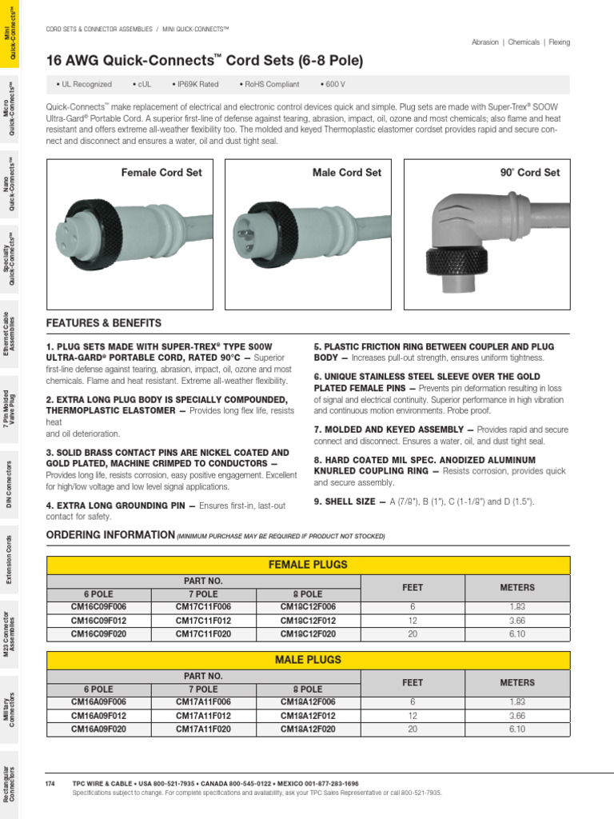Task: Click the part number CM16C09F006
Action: click(x=98, y=607)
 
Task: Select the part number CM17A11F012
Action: click(x=203, y=716)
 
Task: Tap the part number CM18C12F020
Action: click(x=308, y=633)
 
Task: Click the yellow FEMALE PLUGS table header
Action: click(x=308, y=565)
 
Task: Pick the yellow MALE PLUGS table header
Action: click(x=308, y=660)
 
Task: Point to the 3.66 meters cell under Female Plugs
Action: click(x=517, y=621)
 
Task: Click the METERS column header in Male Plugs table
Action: click(x=517, y=682)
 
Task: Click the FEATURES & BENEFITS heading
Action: click(x=104, y=323)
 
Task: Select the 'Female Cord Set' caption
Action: click(x=161, y=173)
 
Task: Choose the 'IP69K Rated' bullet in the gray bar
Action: click(x=195, y=84)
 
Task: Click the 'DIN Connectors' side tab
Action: click(x=9, y=484)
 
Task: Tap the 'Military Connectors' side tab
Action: click(x=9, y=707)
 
